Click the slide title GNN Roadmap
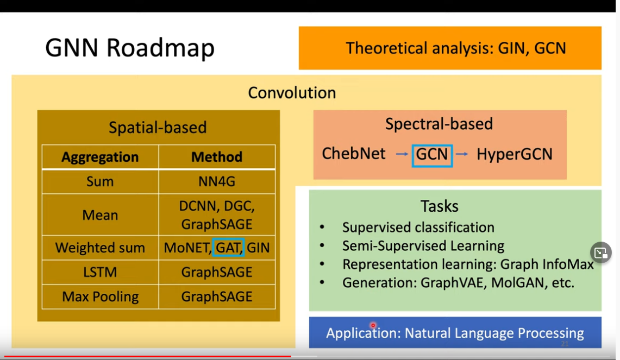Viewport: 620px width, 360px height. coord(129,48)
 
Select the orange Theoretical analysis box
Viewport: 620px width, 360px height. coord(450,48)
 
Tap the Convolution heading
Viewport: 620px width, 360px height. coord(292,93)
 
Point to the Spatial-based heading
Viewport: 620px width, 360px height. coord(158,128)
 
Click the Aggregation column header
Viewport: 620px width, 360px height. coord(100,157)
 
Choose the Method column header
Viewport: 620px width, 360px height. coord(217,157)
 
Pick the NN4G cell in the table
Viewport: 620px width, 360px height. coord(217,181)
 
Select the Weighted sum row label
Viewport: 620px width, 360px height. coord(100,248)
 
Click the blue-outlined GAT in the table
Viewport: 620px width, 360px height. coord(228,248)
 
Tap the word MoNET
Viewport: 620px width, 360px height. coord(186,248)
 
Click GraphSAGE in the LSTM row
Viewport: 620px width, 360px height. coord(217,272)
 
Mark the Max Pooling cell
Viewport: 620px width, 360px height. coord(100,296)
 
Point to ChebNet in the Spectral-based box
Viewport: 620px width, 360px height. coord(354,154)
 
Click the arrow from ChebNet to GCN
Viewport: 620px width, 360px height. coord(402,155)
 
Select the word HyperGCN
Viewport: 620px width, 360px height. coord(514,154)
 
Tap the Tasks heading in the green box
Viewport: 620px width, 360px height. coord(439,206)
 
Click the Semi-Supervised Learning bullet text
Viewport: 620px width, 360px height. coord(423,246)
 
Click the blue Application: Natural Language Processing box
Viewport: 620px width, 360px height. coord(455,332)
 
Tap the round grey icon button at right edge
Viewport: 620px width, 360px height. coord(600,252)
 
